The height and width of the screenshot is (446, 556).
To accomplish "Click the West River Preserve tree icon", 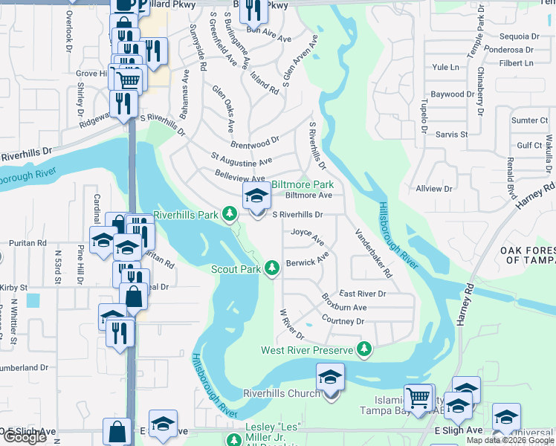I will [x=364, y=349].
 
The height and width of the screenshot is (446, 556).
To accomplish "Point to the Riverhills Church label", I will [x=282, y=393].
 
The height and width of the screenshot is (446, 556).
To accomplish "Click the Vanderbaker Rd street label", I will [x=373, y=253].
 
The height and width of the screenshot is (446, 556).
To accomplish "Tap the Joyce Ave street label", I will [x=307, y=237].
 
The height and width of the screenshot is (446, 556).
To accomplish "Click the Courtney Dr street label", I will [x=343, y=321].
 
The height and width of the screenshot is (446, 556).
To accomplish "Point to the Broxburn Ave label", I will [x=344, y=304].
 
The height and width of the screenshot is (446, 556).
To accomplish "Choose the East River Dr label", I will [x=363, y=294].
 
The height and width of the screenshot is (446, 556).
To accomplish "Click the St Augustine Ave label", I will [x=242, y=159].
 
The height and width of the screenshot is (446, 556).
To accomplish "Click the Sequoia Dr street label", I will [x=520, y=36].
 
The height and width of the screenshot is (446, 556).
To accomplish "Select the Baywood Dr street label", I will [x=453, y=94].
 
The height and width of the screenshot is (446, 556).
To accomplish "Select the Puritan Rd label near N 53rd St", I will [x=27, y=243].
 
